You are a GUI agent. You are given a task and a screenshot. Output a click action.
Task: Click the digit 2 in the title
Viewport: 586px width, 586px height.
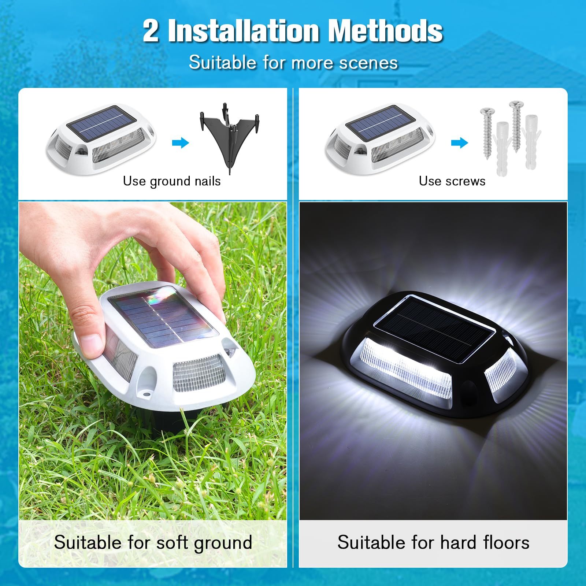(151, 31)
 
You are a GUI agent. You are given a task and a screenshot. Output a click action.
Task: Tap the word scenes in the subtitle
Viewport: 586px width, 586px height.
(368, 63)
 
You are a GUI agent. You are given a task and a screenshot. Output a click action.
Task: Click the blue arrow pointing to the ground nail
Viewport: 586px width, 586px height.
(181, 142)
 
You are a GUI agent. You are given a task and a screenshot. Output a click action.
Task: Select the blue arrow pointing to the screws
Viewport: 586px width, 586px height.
(460, 142)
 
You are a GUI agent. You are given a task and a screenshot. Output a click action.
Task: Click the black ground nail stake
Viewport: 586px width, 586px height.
(230, 137)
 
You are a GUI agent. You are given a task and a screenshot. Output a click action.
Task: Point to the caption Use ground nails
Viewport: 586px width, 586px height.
(172, 181)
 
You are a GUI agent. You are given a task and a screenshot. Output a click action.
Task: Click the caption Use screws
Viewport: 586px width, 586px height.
(452, 181)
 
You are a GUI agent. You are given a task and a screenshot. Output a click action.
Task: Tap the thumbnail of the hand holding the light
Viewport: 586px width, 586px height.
(153, 361)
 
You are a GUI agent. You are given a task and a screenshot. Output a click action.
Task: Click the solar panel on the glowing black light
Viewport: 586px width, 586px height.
(435, 329)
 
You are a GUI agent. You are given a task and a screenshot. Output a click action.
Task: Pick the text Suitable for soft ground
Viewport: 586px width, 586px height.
(153, 543)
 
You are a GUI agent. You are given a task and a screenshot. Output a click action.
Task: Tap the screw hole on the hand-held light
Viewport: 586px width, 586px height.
(146, 395)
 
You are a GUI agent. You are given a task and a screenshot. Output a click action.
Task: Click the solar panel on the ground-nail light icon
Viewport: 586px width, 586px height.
(101, 123)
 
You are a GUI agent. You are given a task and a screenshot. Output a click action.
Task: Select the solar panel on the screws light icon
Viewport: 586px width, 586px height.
(381, 123)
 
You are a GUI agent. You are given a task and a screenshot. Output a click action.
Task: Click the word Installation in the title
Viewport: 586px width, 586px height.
(244, 31)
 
